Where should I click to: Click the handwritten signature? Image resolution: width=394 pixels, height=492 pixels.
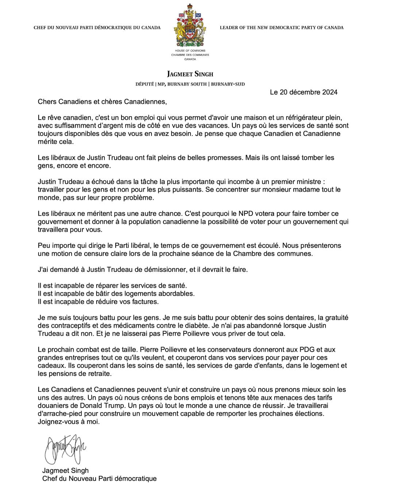click(x=65, y=448)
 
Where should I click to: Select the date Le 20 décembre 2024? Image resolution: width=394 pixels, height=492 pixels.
click(x=304, y=92)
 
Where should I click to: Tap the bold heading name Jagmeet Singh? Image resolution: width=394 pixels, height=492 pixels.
click(x=190, y=74)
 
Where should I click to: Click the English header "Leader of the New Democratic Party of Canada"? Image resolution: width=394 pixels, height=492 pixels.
click(x=281, y=28)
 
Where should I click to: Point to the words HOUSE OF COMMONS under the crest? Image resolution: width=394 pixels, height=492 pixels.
click(x=190, y=51)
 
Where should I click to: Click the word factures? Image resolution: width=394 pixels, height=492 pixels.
click(x=145, y=301)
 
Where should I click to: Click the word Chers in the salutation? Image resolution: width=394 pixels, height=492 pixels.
click(x=47, y=102)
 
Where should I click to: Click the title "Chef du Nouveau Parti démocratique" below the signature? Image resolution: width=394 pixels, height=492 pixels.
click(x=99, y=479)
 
